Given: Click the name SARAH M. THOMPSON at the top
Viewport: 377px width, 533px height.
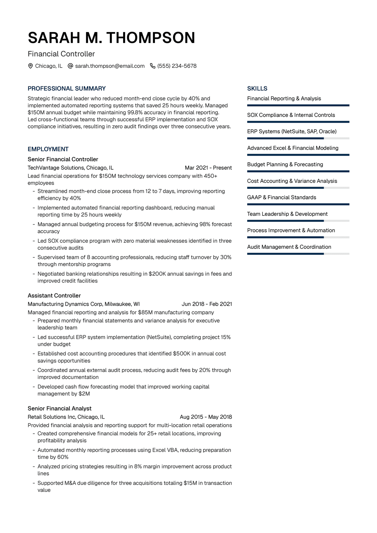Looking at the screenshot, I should tap(112, 38).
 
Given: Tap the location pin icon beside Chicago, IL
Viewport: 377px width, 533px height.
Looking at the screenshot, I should tap(30, 66).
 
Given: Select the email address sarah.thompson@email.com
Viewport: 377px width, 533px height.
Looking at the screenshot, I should tap(110, 66).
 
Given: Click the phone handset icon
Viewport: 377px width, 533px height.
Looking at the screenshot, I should tap(153, 66).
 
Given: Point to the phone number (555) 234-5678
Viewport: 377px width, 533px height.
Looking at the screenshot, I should tap(177, 66).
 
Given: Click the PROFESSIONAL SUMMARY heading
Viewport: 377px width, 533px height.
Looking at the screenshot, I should tap(67, 89).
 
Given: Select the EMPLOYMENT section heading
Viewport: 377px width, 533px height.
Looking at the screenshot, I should tap(48, 149).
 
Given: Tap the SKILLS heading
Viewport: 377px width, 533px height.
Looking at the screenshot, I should tap(257, 89).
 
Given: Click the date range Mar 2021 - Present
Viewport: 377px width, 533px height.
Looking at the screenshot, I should tap(208, 168).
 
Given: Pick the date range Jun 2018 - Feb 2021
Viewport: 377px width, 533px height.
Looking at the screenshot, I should tap(207, 304).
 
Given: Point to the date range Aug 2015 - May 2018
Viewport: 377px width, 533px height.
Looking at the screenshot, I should tap(206, 417).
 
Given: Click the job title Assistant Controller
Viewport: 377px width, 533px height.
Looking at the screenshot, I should tap(54, 296).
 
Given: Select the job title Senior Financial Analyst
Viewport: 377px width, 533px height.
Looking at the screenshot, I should tap(60, 408).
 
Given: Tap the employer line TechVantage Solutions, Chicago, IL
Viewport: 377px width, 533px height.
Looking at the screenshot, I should tap(70, 168).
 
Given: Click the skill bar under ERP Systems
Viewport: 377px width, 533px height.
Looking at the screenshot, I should tap(298, 138).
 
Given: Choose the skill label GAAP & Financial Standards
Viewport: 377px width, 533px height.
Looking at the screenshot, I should tap(281, 197).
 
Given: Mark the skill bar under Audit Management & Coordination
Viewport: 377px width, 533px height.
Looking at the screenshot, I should tap(298, 254).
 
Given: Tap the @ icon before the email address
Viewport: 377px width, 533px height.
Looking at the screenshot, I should tap(71, 66).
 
